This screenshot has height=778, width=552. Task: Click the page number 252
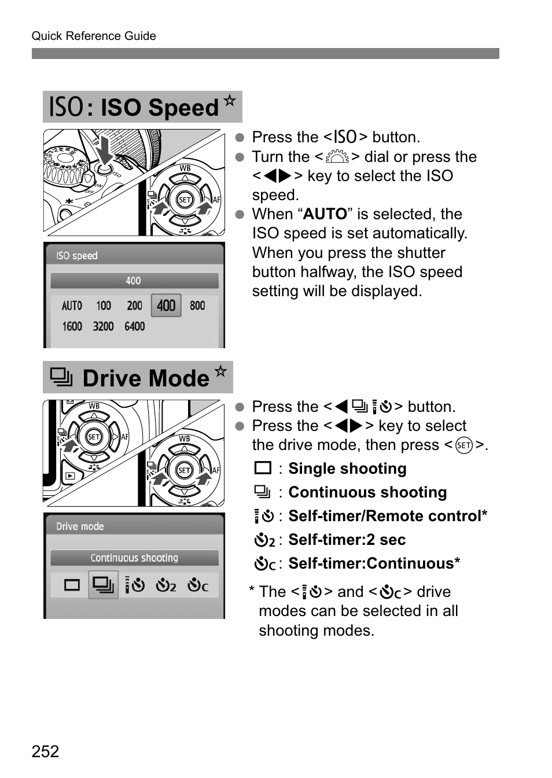point(45,751)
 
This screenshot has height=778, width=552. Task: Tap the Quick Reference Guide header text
point(94,36)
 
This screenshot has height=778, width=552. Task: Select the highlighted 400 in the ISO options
point(166,305)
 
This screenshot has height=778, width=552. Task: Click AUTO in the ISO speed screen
point(72,305)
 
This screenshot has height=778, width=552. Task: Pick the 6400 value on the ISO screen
point(134,326)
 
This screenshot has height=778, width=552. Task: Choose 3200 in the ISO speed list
point(103,326)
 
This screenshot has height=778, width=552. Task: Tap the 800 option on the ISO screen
point(197,305)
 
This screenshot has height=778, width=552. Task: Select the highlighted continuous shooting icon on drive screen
point(103,585)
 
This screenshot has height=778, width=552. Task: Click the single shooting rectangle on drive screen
point(72,585)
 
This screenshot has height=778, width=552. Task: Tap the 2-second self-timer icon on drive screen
point(165,585)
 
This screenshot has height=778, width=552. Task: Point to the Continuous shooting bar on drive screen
point(134,558)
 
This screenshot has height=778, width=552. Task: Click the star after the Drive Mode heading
point(220,371)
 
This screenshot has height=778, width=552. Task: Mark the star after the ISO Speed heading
point(230,101)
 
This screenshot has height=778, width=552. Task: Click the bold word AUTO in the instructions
point(325,214)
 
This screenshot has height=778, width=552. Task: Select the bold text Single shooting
point(347,469)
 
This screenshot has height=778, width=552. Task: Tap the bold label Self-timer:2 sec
point(347,540)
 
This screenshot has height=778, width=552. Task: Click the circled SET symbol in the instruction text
point(463,445)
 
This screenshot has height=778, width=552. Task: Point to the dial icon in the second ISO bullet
point(337,157)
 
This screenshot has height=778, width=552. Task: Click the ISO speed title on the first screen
point(77,256)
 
